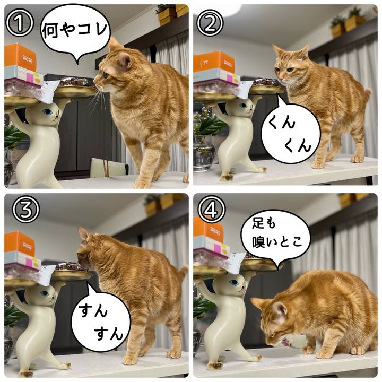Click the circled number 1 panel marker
tap(20, 24)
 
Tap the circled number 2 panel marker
tap(210, 23)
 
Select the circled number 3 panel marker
tap(26, 210)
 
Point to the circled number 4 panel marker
tap(211, 209)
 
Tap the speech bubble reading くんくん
tap(290, 132)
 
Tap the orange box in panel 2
tap(214, 62)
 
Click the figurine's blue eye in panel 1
tap(48, 112)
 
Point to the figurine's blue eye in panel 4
tap(235, 283)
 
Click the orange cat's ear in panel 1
tap(125, 60)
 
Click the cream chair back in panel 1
tap(109, 168)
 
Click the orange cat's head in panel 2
tap(290, 66)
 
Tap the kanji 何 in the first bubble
tap(50, 30)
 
